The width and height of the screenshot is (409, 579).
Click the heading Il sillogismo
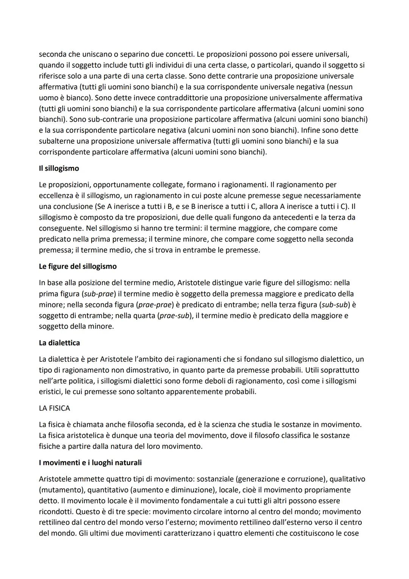pyautogui.click(x=59, y=168)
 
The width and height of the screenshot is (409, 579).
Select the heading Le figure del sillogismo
pyautogui.click(x=78, y=266)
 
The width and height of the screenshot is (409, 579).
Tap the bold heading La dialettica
pyautogui.click(x=59, y=343)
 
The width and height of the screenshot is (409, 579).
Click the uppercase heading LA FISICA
pyautogui.click(x=54, y=408)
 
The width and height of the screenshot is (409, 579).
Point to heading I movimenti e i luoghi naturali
pyautogui.click(x=90, y=463)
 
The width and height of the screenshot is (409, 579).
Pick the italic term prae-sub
pyautogui.click(x=174, y=315)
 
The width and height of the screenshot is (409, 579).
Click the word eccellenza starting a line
pyautogui.click(x=57, y=196)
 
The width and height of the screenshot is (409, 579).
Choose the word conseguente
pyautogui.click(x=61, y=228)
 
